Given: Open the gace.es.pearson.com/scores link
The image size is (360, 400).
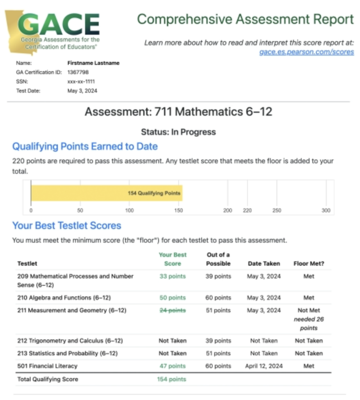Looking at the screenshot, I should (307, 52).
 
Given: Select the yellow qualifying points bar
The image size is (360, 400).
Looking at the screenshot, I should (106, 193).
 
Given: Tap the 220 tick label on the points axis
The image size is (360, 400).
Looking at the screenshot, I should (247, 211).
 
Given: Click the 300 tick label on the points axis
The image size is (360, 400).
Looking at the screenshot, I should (326, 211).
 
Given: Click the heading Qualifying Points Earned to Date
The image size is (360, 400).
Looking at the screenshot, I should (85, 146).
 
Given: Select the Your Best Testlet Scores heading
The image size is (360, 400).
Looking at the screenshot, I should (66, 225).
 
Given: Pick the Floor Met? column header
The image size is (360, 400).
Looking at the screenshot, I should (308, 264).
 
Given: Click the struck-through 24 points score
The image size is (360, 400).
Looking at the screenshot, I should (172, 311).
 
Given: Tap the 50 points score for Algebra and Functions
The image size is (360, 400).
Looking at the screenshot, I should (172, 298).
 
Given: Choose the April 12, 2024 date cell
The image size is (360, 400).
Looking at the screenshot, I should (264, 366).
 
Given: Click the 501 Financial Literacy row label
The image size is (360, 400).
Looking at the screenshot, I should (47, 366).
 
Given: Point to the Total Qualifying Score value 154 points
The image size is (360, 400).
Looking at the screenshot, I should (171, 379).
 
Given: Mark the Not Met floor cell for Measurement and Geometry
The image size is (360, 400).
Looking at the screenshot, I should (308, 311).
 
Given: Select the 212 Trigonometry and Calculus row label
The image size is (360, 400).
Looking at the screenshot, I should (70, 341).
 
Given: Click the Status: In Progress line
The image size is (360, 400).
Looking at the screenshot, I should (178, 132).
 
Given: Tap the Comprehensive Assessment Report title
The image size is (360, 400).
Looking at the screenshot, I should (245, 19).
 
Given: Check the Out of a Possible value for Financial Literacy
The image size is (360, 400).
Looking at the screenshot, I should (218, 366).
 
